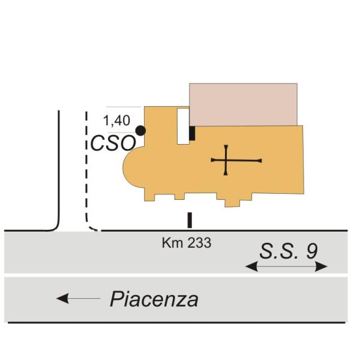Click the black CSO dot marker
coord(140,131)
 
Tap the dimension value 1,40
coord(116,121)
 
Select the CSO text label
coord(113,143)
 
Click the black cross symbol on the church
coord(236,160)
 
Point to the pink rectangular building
coord(243,104)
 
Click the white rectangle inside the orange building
coord(183,126)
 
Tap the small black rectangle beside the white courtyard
coord(192,133)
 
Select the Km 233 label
coord(187,243)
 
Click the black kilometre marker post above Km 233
coord(190,220)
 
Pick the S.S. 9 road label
coord(289,251)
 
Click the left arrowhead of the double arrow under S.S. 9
coord(251,266)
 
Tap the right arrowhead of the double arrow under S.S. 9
coord(321,266)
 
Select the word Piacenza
coord(154,299)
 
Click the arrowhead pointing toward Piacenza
coord(62,298)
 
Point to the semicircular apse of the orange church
coord(134,167)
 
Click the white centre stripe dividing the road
coord(176,275)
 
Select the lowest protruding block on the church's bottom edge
coord(232,203)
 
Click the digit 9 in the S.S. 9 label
coord(312,251)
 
